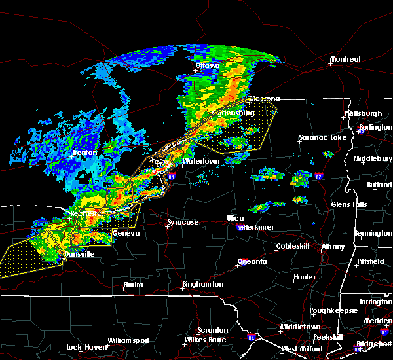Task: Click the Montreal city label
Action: click(345, 60)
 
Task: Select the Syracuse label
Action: click(183, 223)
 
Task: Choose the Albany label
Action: click(331, 247)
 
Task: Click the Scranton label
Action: click(214, 330)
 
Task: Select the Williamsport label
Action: click(128, 340)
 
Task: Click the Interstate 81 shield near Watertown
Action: click(172, 176)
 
